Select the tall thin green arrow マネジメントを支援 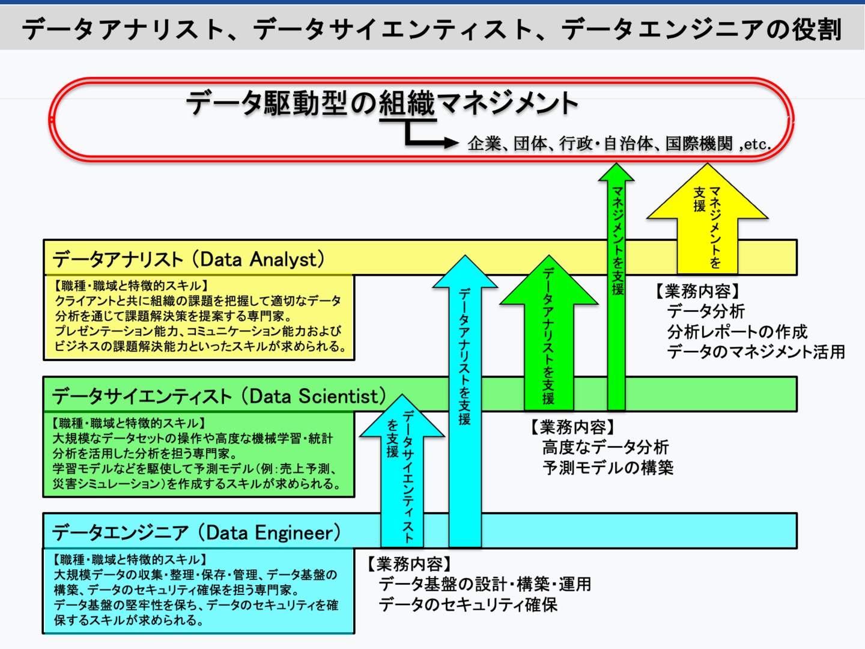click(616, 288)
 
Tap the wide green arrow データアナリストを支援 click(548, 337)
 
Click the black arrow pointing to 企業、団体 click(429, 139)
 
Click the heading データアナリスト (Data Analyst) click(189, 259)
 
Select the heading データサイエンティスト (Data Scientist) click(219, 396)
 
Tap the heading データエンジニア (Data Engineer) click(196, 532)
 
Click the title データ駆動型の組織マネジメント click(382, 103)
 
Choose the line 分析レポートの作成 click(737, 332)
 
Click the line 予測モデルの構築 click(608, 468)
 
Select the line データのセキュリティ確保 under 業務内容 click(468, 605)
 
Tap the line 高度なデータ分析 click(605, 447)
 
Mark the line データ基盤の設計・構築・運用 click(485, 584)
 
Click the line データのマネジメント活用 click(756, 352)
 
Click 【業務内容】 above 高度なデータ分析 click(572, 427)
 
